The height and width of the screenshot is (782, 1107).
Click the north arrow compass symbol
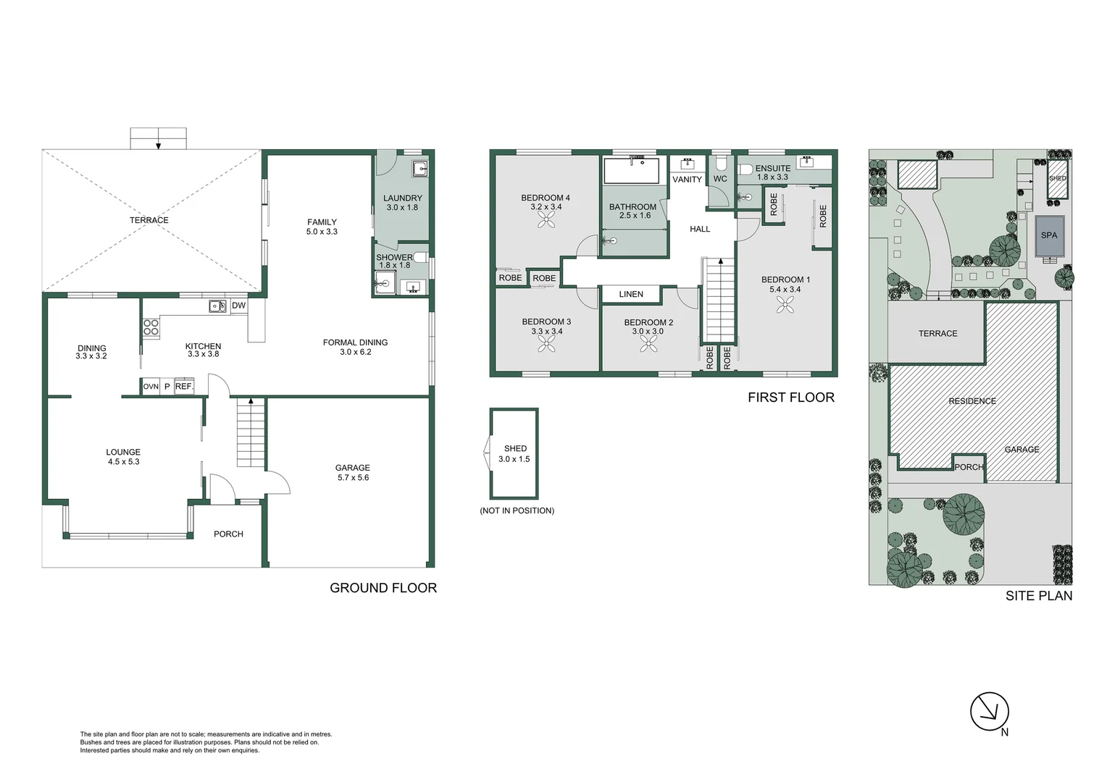(990, 713)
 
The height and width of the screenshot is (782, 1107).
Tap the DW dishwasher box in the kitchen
(238, 306)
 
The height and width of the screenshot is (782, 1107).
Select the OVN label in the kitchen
(151, 387)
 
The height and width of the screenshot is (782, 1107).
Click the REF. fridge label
(184, 387)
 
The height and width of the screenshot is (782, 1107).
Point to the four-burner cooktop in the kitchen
(151, 327)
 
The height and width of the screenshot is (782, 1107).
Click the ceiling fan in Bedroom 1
(785, 306)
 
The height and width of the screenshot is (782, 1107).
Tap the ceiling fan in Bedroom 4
(545, 220)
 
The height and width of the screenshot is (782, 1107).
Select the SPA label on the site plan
(1049, 235)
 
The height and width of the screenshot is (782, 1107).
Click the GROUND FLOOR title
(383, 588)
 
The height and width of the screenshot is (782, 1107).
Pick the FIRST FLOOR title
(791, 398)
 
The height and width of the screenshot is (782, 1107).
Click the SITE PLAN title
(1039, 596)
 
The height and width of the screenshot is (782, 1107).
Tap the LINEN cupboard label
(631, 294)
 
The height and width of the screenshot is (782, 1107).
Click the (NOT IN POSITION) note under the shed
(517, 510)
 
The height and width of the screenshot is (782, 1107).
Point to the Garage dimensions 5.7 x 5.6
(353, 478)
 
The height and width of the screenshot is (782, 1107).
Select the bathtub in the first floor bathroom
(632, 171)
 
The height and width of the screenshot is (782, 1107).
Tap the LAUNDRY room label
(403, 198)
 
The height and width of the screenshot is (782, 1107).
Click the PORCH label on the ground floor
(228, 534)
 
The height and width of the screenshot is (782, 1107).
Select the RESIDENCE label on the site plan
(972, 401)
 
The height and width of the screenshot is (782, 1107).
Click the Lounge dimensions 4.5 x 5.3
(123, 461)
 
